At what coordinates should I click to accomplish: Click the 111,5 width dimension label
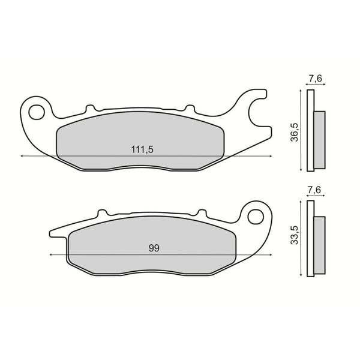(141, 150)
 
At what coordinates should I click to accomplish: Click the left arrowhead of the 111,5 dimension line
(22, 156)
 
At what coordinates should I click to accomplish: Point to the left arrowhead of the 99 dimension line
(51, 255)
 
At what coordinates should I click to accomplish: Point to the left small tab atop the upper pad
(91, 109)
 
